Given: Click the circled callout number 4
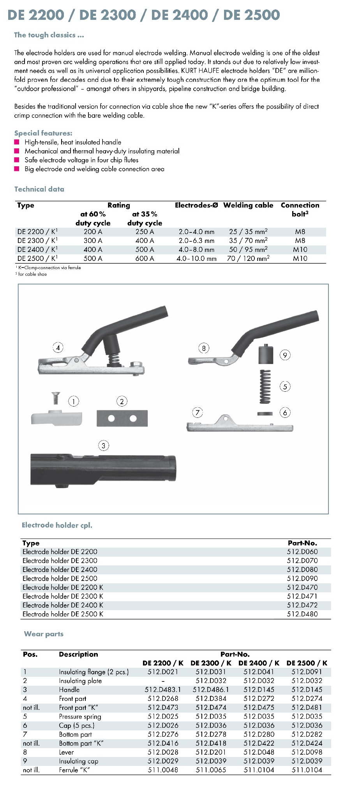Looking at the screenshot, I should (58, 347).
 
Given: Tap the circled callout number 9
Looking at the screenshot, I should (285, 355).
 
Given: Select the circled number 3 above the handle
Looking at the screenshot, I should (103, 445).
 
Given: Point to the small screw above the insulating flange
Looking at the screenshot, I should (55, 398).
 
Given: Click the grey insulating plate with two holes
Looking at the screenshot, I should (122, 418).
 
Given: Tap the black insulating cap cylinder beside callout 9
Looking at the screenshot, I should (265, 354).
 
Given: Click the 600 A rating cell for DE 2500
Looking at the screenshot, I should (145, 259).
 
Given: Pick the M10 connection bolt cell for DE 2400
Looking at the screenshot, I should (300, 250).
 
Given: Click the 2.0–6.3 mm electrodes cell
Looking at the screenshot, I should (196, 241).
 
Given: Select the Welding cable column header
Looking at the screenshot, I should (248, 205).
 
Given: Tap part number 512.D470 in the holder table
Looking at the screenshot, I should (302, 587).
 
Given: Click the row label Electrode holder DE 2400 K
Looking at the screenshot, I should (63, 605).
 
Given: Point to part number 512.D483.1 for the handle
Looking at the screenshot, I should (163, 690).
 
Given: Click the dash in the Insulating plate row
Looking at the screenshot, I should (163, 681).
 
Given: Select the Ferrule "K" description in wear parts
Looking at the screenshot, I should (74, 770).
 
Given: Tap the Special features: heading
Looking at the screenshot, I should (43, 133).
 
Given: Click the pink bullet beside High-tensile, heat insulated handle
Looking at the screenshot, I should (17, 142).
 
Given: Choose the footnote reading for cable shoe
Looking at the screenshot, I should (32, 274).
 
